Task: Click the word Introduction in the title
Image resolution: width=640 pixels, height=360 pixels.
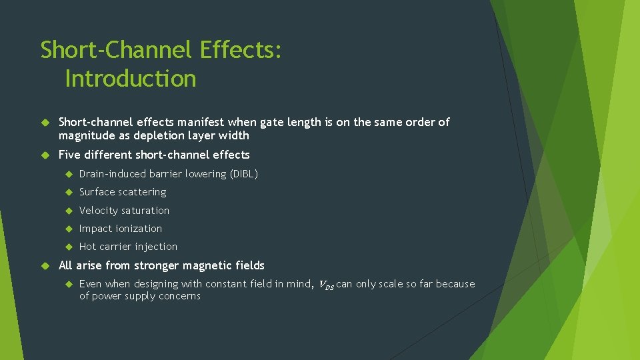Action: point(131,79)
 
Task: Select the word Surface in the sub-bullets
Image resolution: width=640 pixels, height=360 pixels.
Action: point(97,192)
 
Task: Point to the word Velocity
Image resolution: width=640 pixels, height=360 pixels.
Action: point(98,211)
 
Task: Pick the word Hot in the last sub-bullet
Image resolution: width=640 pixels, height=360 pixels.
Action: point(87,247)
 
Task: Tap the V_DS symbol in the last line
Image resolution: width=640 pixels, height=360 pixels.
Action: point(325,285)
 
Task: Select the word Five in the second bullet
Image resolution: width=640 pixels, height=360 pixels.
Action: point(70,155)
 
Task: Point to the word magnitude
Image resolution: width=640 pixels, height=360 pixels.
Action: point(86,136)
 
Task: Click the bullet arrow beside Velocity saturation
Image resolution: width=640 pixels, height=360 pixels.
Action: point(68,211)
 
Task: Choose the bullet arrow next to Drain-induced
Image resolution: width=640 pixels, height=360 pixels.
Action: point(68,174)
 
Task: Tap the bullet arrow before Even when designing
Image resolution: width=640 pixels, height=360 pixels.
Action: point(68,284)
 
